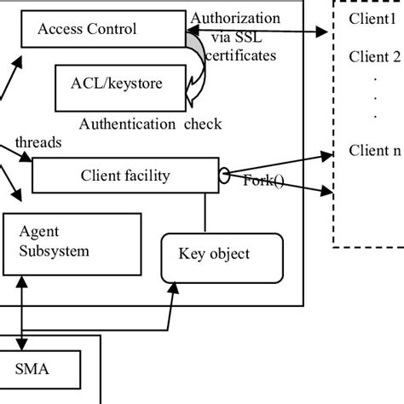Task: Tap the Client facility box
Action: (124, 176)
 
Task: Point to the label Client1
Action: (373, 19)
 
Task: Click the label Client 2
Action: (374, 57)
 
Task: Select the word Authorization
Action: (235, 18)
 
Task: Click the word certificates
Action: (241, 56)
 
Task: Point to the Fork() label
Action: (264, 181)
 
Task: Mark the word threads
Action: (38, 142)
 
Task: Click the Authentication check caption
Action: (150, 124)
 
